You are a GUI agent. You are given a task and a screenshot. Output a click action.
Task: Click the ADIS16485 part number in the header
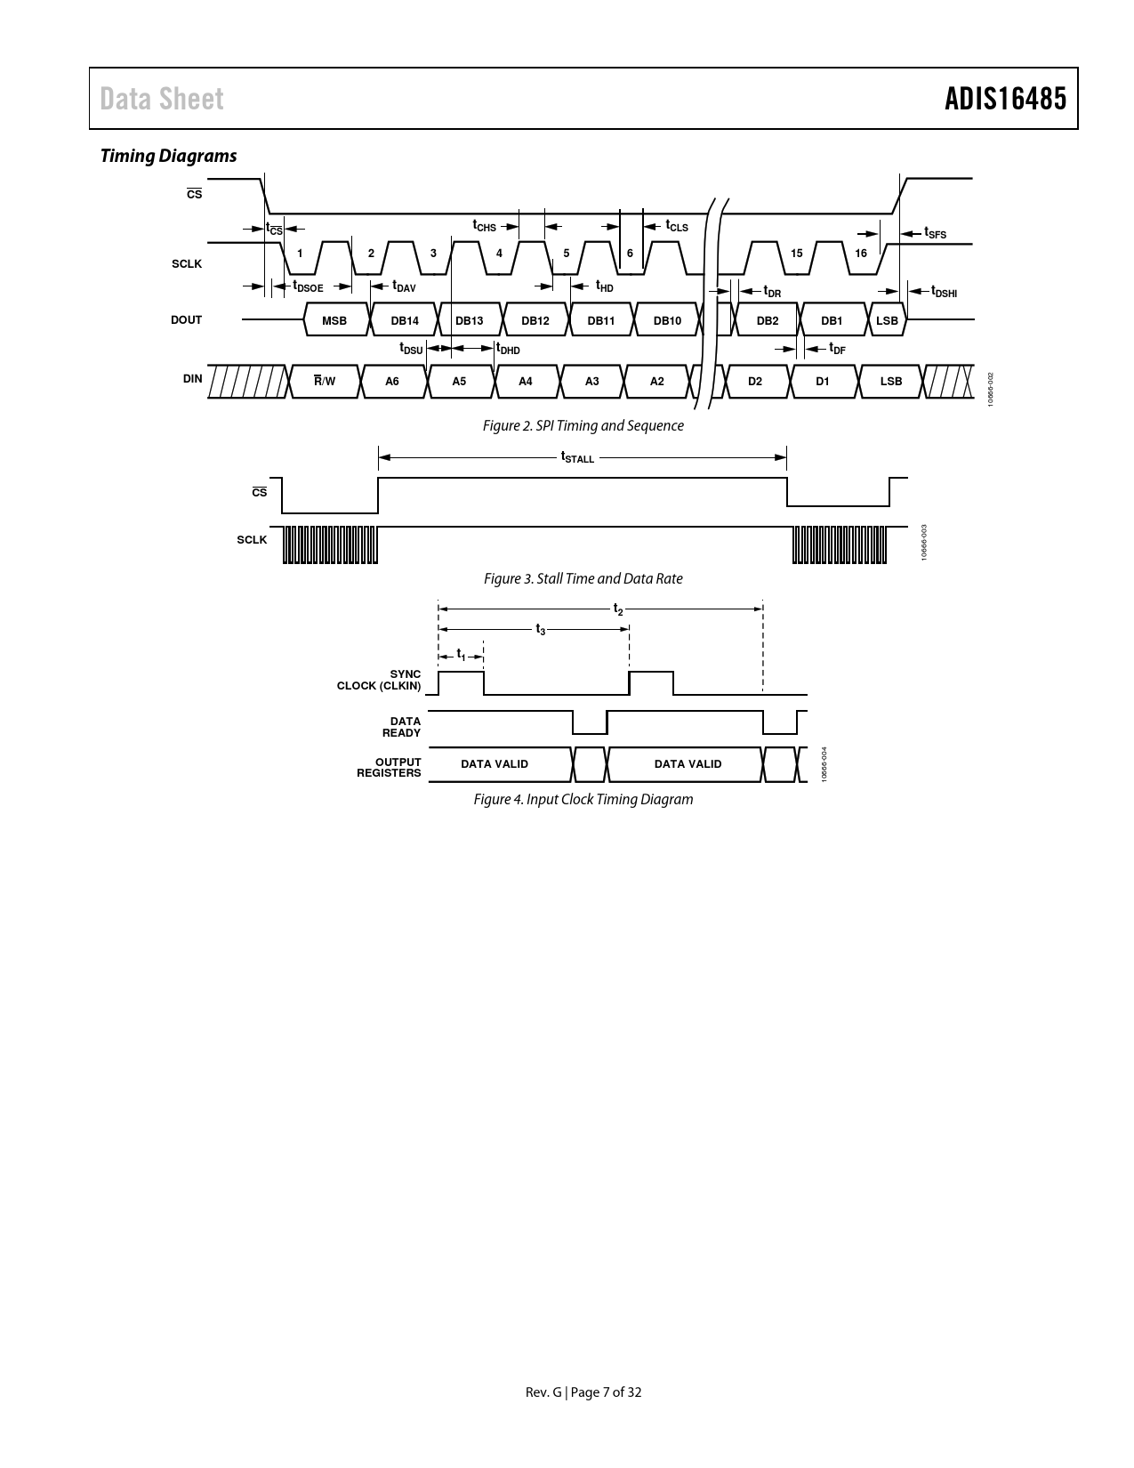pos(1005,99)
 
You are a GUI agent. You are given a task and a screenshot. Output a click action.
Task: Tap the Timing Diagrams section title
pos(168,156)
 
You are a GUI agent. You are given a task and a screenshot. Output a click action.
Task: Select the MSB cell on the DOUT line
pos(334,320)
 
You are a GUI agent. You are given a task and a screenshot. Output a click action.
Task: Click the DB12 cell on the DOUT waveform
pos(535,320)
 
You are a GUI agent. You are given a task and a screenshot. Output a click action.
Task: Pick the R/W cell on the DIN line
pos(325,381)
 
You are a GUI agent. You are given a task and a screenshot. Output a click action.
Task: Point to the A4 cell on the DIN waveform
pos(526,381)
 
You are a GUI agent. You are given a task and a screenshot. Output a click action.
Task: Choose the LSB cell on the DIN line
pos(891,381)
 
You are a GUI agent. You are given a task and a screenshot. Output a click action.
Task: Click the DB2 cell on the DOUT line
pos(768,320)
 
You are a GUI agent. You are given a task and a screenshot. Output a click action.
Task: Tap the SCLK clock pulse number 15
pos(797,254)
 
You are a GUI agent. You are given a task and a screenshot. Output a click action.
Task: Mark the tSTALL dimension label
pos(577,457)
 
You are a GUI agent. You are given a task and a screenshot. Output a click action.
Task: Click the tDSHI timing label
pos(945,291)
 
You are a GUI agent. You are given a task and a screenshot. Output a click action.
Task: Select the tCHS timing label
pos(484,226)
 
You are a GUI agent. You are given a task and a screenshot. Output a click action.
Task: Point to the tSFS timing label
pos(936,232)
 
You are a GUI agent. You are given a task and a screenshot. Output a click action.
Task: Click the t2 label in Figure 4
pos(618,609)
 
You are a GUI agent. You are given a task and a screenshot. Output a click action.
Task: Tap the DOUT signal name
pos(187,320)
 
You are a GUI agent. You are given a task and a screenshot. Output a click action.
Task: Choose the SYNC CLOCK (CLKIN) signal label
pos(379,680)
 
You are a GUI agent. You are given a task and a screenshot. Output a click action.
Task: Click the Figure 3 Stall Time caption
pos(583,578)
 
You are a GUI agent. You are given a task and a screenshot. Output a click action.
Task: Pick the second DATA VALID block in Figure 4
pos(688,764)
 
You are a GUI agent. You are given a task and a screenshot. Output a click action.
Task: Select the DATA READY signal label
pos(401,727)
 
